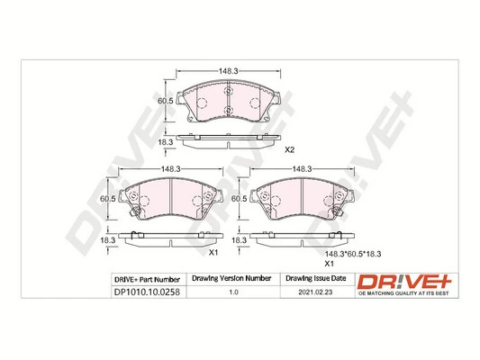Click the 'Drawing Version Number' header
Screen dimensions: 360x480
point(233,278)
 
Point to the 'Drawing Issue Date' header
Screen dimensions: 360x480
point(315,278)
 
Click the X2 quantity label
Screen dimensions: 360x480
point(290,150)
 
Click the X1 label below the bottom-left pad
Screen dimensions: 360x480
point(213,253)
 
